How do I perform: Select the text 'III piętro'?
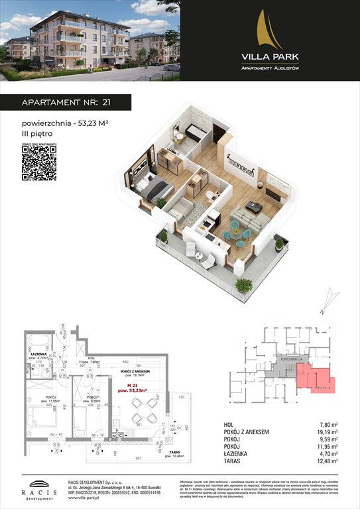pyautogui.click(x=37, y=135)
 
